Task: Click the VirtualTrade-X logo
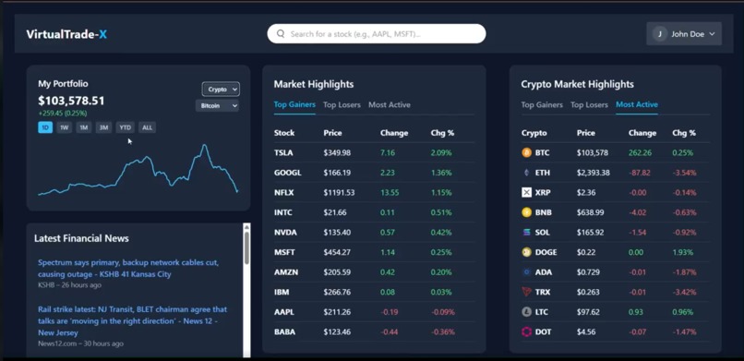tap(66, 34)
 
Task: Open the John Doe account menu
tap(684, 34)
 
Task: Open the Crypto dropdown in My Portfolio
tap(221, 90)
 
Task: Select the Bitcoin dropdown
tap(218, 106)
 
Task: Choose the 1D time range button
tap(45, 127)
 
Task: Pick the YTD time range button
tap(125, 127)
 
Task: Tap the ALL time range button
tap(147, 127)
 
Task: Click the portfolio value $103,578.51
tap(71, 101)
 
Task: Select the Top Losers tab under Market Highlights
tap(342, 105)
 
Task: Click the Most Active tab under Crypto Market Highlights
tap(637, 105)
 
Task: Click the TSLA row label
tap(283, 153)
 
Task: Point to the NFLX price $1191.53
tap(339, 193)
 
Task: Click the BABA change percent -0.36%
tap(442, 332)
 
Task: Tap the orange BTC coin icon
tap(526, 153)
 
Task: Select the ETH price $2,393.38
tap(594, 173)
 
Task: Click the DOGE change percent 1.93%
tap(682, 252)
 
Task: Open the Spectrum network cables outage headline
tap(128, 269)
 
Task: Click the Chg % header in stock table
tap(442, 133)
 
